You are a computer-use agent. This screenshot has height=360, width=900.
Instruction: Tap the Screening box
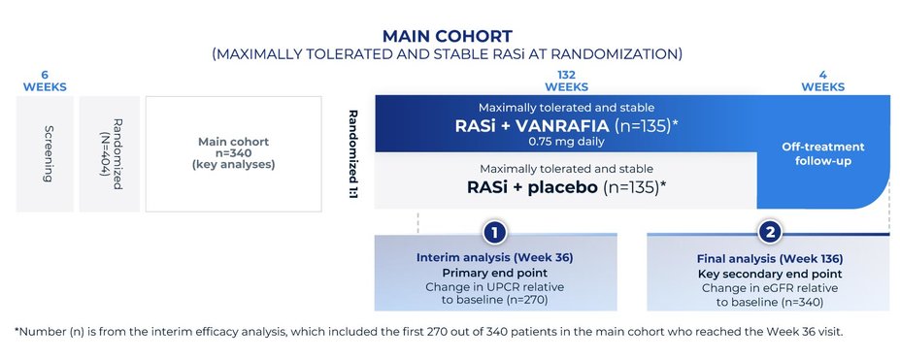[46, 153]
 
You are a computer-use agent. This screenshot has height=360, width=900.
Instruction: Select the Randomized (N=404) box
[109, 153]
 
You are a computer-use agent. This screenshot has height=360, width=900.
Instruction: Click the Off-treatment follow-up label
[822, 153]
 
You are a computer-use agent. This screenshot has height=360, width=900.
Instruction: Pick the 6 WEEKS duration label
[45, 81]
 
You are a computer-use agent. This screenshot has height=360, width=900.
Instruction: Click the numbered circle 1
[495, 233]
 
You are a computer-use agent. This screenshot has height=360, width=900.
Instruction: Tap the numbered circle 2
[769, 233]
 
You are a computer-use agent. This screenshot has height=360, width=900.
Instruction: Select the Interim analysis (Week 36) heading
[495, 258]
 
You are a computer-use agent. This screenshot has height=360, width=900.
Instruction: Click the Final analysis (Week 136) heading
[768, 258]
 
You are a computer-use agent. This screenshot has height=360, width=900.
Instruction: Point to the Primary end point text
[495, 273]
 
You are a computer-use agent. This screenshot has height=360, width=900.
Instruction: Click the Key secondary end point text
[768, 273]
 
